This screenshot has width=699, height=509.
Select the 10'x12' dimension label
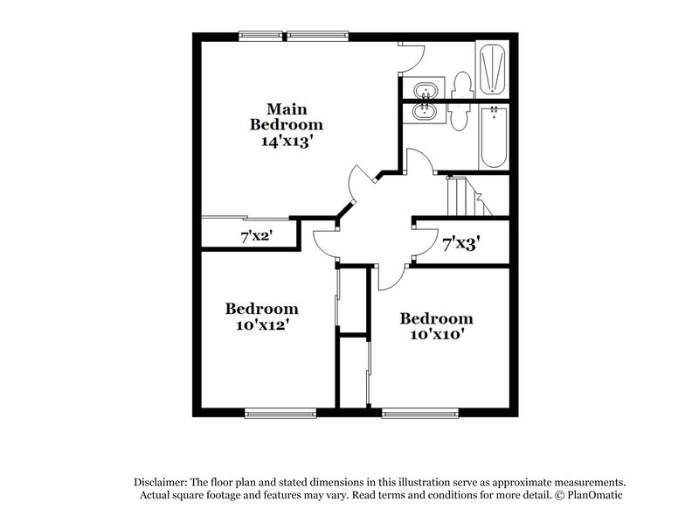point(261,324)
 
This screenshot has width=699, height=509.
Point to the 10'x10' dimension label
point(436,334)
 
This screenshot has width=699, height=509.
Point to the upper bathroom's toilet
point(463,85)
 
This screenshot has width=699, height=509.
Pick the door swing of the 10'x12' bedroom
point(325,241)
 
